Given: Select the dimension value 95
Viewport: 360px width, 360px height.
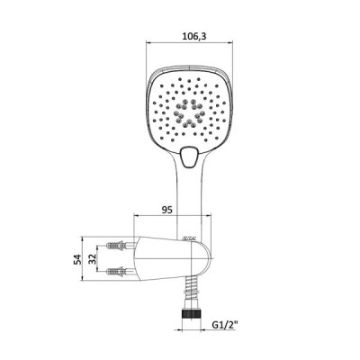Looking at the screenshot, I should pos(166,210).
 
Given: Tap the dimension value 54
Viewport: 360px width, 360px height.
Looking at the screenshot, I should pos(77,258).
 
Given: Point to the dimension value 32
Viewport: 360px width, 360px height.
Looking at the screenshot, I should pos(92,258).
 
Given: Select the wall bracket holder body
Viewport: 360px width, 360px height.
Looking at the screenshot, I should pos(166,259).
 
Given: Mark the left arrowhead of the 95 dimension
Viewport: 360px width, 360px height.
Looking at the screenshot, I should pos(136,217).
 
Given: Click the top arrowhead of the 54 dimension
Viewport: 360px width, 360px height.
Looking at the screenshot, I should pos(85,238).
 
